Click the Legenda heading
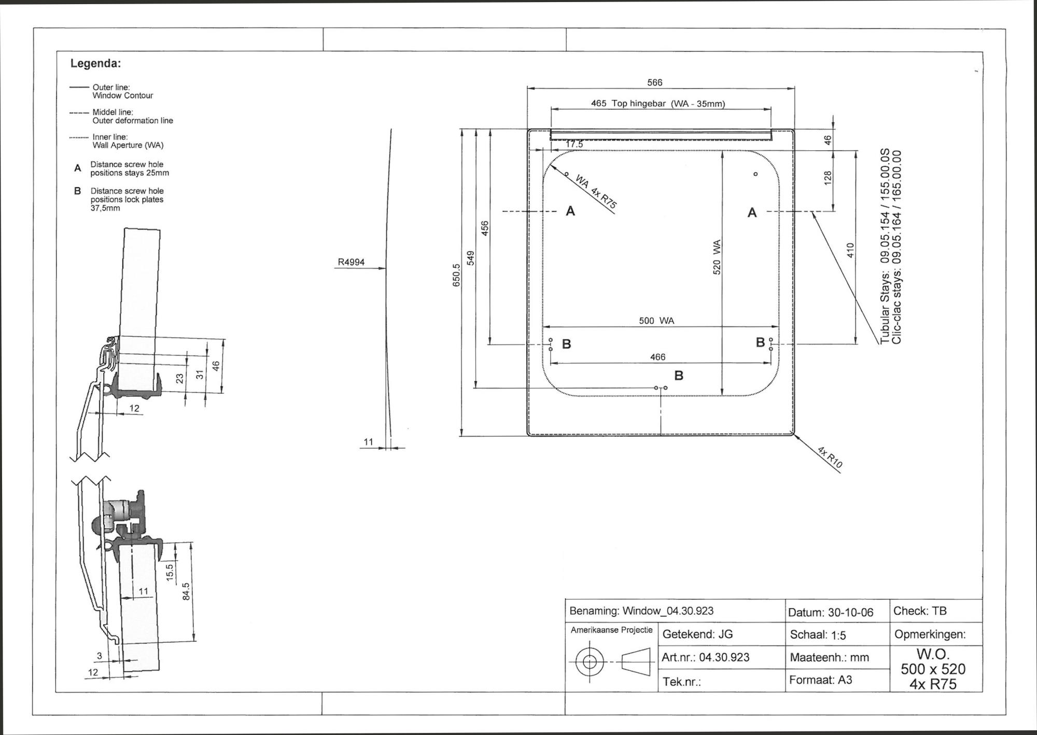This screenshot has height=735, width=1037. coord(95,64)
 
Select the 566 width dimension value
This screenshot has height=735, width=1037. coord(655,82)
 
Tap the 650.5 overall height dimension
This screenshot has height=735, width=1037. coord(456,275)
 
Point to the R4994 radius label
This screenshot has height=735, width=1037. coord(351,262)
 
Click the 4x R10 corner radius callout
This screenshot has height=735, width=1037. coord(830,457)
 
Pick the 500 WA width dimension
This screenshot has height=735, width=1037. coord(656,321)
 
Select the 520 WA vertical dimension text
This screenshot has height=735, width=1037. coord(717,257)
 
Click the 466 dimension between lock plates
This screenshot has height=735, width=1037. coord(657,357)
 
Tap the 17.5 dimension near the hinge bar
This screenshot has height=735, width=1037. coord(574,144)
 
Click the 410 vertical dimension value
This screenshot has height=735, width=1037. coord(850,251)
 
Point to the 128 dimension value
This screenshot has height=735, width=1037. coord(828,178)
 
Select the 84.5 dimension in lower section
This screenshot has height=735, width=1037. coord(186,591)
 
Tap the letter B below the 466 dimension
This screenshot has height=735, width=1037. coord(679,376)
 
